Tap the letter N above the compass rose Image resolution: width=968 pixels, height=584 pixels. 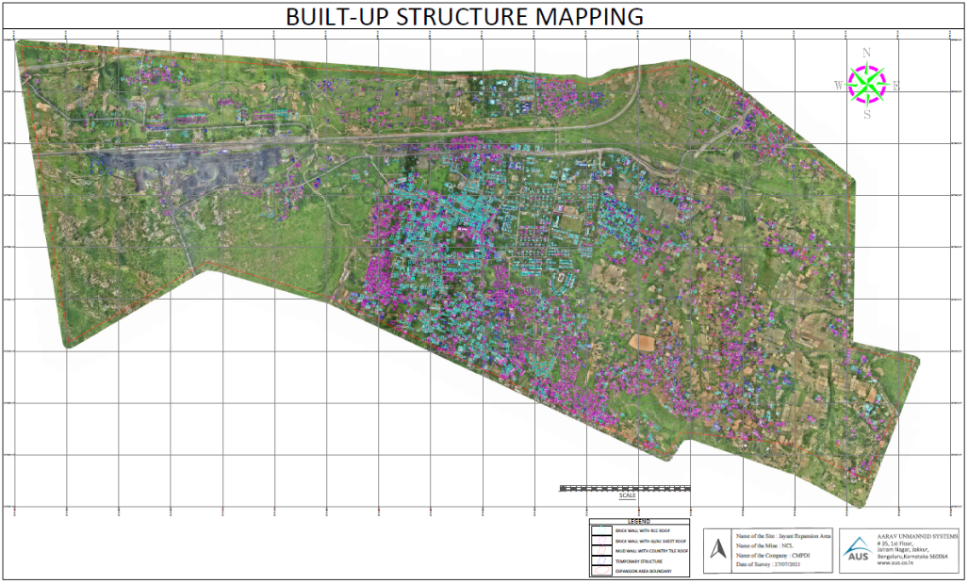pyautogui.click(x=867, y=54)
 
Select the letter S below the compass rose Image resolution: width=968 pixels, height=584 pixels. pyautogui.click(x=867, y=115)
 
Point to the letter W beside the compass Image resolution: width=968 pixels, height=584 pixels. pyautogui.click(x=837, y=86)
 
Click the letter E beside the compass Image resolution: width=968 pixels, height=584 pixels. pyautogui.click(x=896, y=86)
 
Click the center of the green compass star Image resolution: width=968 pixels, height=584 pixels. pyautogui.click(x=867, y=85)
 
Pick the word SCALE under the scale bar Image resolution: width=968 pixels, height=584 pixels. pyautogui.click(x=627, y=495)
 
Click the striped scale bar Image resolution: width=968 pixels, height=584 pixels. pyautogui.click(x=625, y=488)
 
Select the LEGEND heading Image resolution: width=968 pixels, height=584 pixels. pyautogui.click(x=640, y=521)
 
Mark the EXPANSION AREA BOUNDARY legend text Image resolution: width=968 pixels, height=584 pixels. pyautogui.click(x=645, y=572)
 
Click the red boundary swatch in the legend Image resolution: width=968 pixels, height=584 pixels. pyautogui.click(x=600, y=571)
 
